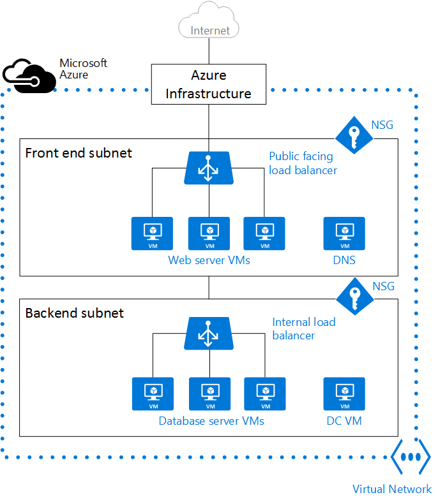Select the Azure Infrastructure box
click(208, 84)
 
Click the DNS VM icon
click(344, 233)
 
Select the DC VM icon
click(344, 394)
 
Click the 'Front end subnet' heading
click(79, 153)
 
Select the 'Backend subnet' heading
click(74, 313)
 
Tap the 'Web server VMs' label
click(209, 260)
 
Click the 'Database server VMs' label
click(211, 421)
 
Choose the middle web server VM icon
click(209, 233)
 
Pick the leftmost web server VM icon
click(152, 233)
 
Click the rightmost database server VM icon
click(264, 394)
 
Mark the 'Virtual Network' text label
click(392, 489)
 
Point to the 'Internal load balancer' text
click(303, 329)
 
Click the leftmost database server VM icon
click(153, 394)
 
